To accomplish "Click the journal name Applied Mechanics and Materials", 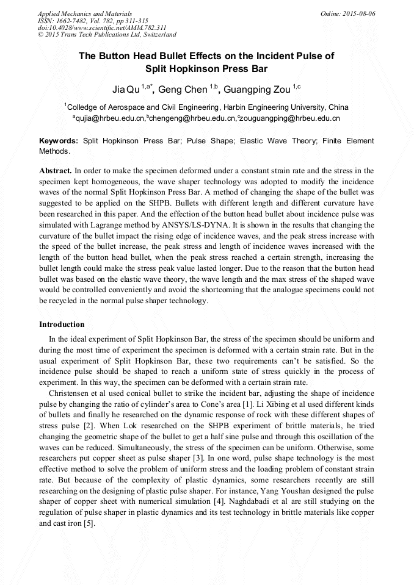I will [x=85, y=13].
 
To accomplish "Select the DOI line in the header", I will [x=102, y=27].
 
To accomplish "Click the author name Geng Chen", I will [x=187, y=90].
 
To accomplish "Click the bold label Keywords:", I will [x=59, y=141].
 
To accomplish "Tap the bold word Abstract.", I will [x=56, y=171].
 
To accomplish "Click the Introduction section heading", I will [x=62, y=325].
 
